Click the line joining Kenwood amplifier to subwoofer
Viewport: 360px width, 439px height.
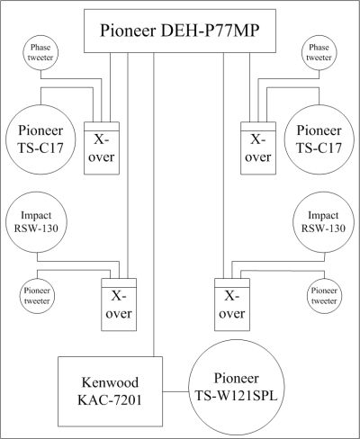175,391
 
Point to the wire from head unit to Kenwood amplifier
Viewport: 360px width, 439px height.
154,204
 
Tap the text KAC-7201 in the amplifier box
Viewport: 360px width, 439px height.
110,400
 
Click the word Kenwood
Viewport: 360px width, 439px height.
110,382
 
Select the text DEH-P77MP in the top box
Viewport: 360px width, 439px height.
210,31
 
